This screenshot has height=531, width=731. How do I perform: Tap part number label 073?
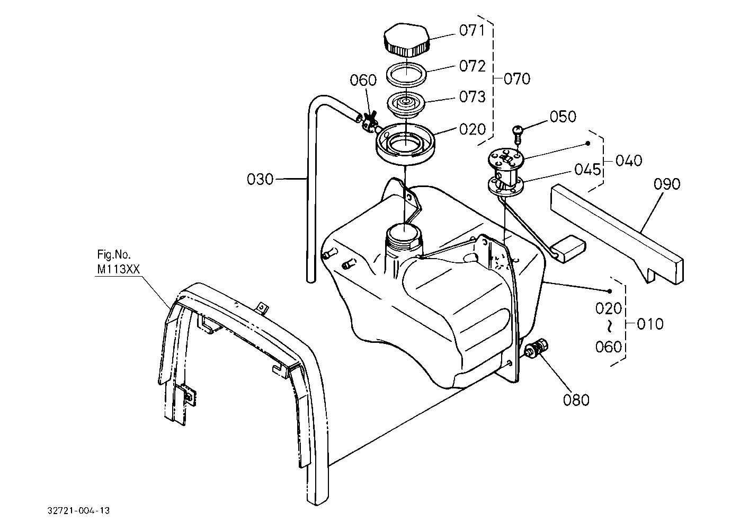pos(472,96)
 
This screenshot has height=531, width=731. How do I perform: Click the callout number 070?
pos(517,79)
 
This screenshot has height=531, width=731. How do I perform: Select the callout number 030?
pos(260,179)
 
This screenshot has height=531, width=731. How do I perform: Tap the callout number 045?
pos(587,170)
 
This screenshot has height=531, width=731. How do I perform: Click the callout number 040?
pos(629,161)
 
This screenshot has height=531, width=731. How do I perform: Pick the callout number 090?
pos(667,184)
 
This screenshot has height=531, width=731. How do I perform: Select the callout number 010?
pos(650,324)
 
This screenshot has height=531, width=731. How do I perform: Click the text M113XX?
pos(118,269)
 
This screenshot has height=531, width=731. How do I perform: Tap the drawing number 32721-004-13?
pos(78,511)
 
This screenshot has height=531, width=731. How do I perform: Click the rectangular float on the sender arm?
pos(568,249)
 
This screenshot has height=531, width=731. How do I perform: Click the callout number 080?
pos(576,400)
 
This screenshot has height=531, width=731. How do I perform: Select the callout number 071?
pos(472,30)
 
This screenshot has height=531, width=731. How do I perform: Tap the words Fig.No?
pos(114,254)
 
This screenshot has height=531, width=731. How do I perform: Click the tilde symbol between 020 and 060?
pos(609,327)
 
